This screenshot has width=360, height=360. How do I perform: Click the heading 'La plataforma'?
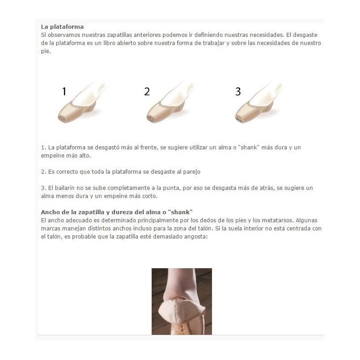point(62,27)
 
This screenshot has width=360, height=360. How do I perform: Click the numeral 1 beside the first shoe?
point(64,91)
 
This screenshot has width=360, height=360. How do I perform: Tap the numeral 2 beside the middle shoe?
point(147,91)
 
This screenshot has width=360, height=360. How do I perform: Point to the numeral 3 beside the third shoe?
point(238,91)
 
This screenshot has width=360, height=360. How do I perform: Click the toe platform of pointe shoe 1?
point(62,118)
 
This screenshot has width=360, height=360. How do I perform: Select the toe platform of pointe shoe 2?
point(151,119)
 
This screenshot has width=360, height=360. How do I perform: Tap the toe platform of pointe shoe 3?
point(239,119)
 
